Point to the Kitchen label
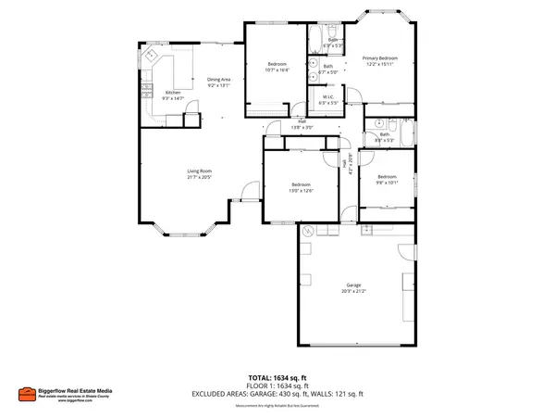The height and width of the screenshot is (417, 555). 173,92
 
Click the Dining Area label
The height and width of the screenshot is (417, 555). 219,79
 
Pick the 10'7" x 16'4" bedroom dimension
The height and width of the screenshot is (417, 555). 277,69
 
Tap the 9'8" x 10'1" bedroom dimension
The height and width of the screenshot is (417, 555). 386,182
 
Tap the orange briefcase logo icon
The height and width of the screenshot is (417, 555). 29,394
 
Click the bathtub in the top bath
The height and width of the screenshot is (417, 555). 315,39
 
